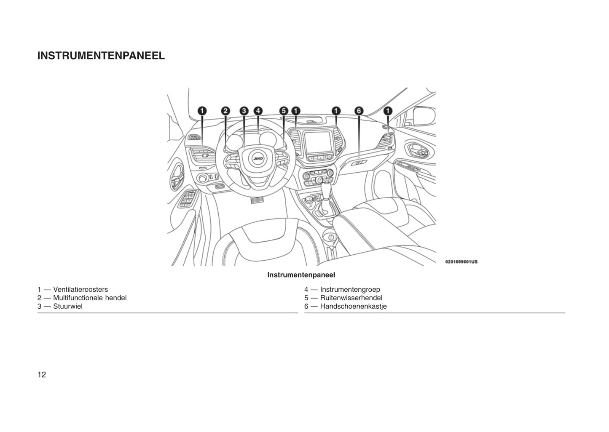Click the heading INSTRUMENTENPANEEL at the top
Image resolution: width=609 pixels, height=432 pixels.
coord(101,56)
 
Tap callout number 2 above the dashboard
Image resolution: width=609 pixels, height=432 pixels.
coord(225,111)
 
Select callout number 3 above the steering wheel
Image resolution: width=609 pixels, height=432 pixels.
coord(244,111)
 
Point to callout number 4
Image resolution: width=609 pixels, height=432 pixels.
coord(258,111)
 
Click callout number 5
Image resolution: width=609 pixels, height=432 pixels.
coord(284,111)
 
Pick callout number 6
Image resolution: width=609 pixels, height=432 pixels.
coord(359,111)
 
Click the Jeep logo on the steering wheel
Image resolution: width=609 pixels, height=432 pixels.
coord(258,158)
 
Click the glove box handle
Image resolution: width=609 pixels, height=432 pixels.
coord(359,163)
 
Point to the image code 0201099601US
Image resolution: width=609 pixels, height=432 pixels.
coord(461,261)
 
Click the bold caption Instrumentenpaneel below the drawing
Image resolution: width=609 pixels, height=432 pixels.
coord(301,275)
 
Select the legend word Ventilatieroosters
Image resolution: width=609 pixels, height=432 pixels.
coord(80,289)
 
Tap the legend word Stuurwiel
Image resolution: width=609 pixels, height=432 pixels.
coord(68,306)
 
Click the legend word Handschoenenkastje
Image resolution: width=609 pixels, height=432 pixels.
coord(353,307)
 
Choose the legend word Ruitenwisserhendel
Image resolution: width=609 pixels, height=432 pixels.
coord(351,298)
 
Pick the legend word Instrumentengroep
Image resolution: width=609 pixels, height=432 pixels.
coord(350,290)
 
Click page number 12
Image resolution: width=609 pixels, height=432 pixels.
coord(42,375)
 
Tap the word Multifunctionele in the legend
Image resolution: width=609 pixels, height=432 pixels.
coord(78,298)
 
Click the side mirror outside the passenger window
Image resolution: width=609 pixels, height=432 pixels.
coord(424,116)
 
